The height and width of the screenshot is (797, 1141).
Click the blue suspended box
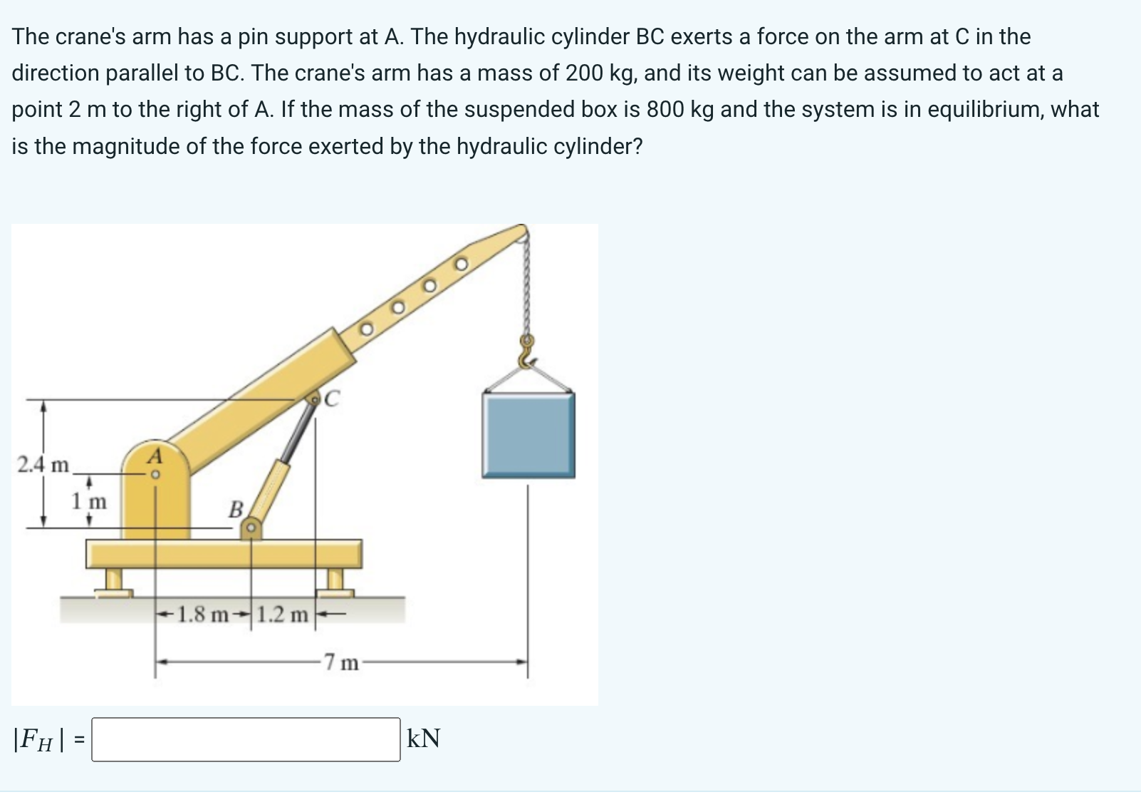click(x=528, y=436)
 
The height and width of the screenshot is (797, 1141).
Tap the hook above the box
click(x=526, y=351)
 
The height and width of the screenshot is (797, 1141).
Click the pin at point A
click(x=156, y=475)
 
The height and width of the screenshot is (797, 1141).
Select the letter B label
click(x=235, y=509)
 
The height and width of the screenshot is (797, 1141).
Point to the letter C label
click(x=332, y=398)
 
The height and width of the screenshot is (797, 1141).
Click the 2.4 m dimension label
click(x=43, y=465)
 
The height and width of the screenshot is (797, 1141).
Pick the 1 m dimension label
click(x=89, y=501)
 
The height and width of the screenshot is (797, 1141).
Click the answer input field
click(x=246, y=740)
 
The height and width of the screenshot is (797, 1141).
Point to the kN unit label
click(x=423, y=739)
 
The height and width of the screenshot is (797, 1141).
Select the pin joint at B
click(x=251, y=528)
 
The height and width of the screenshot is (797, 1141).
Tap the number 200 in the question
click(x=584, y=73)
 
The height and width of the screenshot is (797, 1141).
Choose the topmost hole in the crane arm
click(x=461, y=264)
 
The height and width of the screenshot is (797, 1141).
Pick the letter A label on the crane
click(x=155, y=456)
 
